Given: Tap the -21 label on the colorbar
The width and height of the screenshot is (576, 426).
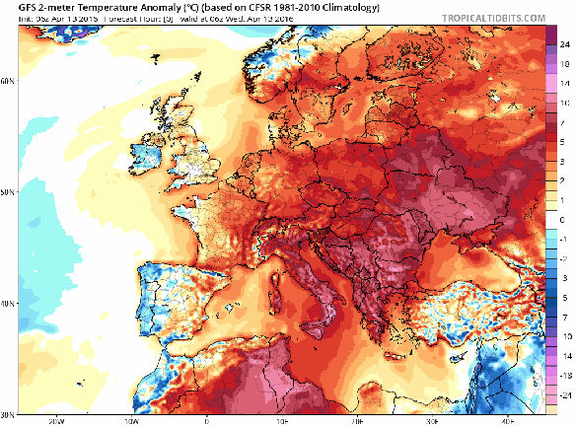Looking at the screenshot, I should click(x=563, y=392).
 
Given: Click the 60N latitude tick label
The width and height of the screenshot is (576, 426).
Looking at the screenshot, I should click(x=8, y=79).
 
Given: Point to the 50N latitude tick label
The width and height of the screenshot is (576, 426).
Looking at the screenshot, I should click(x=8, y=191).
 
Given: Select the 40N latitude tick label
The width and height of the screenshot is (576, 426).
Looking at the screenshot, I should click(x=8, y=304).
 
